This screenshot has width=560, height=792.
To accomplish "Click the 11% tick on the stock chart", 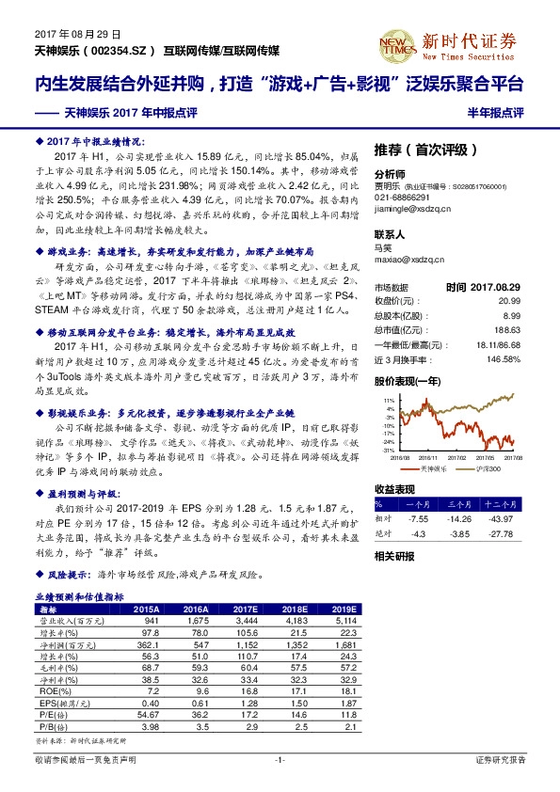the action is pyautogui.click(x=388, y=401).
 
